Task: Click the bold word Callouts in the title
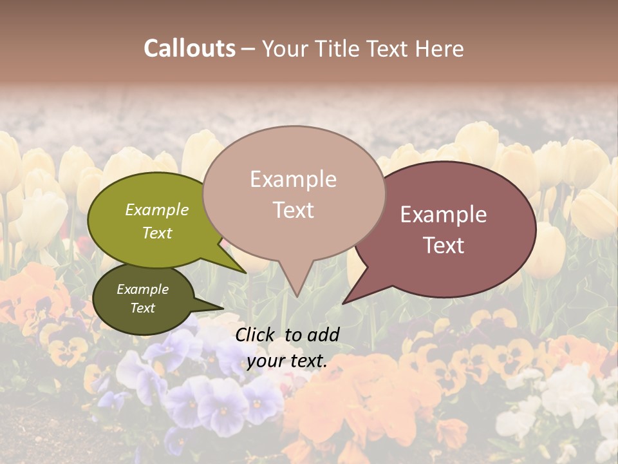pyautogui.click(x=189, y=48)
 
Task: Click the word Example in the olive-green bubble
pyautogui.click(x=157, y=210)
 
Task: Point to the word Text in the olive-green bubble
pyautogui.click(x=157, y=233)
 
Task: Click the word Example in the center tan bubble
pyautogui.click(x=293, y=179)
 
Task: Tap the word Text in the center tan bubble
pyautogui.click(x=293, y=210)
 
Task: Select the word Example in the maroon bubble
pyautogui.click(x=444, y=215)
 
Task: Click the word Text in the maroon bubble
pyautogui.click(x=444, y=246)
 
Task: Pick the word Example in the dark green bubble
pyautogui.click(x=142, y=289)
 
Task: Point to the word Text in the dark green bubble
pyautogui.click(x=142, y=308)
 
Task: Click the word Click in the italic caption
pyautogui.click(x=256, y=334)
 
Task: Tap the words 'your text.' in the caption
pyautogui.click(x=286, y=361)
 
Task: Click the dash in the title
pyautogui.click(x=248, y=49)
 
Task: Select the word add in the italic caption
pyautogui.click(x=324, y=334)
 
